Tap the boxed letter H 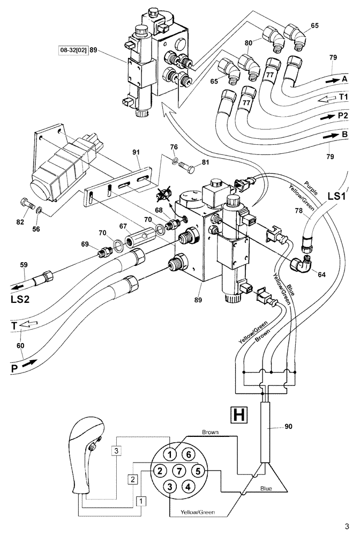(x=238, y=413)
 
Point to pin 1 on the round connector (x=169, y=454)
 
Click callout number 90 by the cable (x=288, y=427)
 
